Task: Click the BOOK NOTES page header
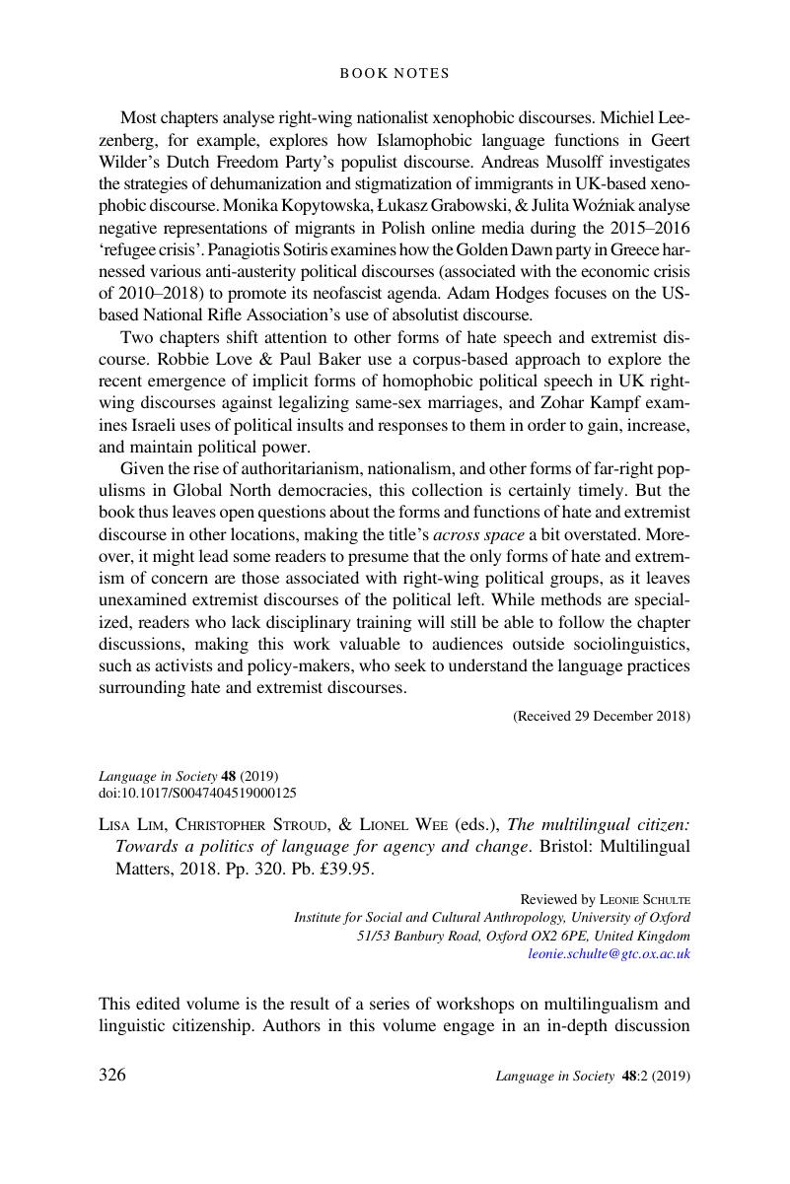(x=395, y=73)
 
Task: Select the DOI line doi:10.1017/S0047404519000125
(x=197, y=792)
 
